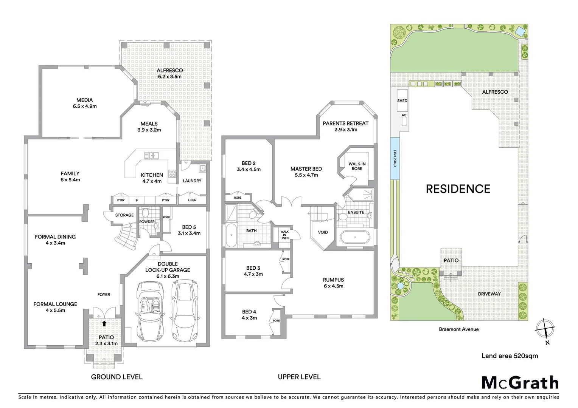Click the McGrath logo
click(x=520, y=383)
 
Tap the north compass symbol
click(x=545, y=329)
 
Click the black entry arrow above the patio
click(x=104, y=323)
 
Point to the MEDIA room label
click(x=84, y=100)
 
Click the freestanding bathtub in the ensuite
click(x=354, y=237)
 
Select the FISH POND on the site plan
click(x=395, y=158)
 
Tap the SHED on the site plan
click(x=402, y=100)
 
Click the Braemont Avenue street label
click(x=458, y=329)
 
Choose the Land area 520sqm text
click(x=509, y=356)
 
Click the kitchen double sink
click(x=151, y=156)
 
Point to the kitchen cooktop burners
click(x=172, y=174)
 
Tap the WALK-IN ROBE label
click(x=357, y=166)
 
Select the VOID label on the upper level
click(x=323, y=232)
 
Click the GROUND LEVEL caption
click(x=117, y=377)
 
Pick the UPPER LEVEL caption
click(x=299, y=377)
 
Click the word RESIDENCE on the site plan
click(x=458, y=189)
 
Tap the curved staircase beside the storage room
click(x=126, y=236)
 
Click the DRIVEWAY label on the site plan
click(x=489, y=294)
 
